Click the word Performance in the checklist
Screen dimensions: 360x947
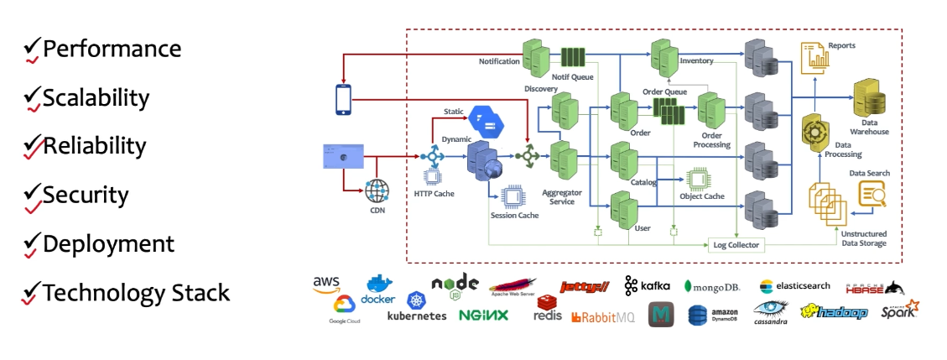click(112, 49)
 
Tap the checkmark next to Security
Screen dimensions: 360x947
click(32, 196)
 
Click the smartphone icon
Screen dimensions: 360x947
click(344, 99)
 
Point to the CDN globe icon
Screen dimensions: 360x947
click(378, 190)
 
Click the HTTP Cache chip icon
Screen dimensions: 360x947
click(433, 177)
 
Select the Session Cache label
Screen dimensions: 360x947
click(514, 216)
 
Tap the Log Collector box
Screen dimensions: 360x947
click(736, 244)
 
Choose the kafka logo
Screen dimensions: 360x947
click(647, 286)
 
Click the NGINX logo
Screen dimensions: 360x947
click(483, 316)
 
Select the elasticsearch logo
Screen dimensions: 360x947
click(795, 286)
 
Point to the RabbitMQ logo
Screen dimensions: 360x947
click(602, 317)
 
